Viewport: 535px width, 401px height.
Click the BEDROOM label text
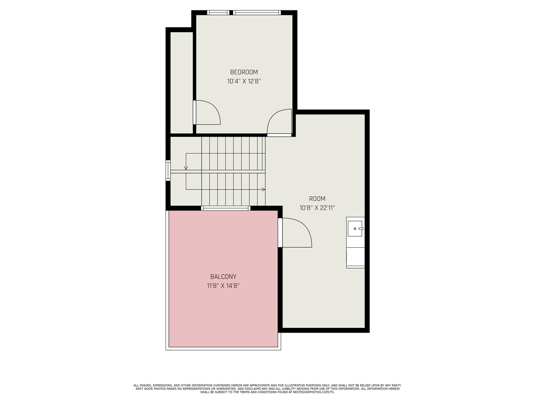(244, 72)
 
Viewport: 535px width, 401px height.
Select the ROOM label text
(317, 199)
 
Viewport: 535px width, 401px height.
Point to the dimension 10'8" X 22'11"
(317, 208)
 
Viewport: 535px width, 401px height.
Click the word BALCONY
(223, 277)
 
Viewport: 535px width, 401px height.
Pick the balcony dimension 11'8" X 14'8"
(223, 286)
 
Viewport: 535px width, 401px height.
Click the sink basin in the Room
(355, 228)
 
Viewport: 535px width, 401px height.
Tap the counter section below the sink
(355, 257)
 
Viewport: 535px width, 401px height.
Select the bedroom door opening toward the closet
(207, 112)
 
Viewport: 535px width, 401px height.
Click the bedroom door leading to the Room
(280, 122)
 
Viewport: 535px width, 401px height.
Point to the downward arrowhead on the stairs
(186, 168)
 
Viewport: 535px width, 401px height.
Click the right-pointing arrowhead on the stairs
(263, 190)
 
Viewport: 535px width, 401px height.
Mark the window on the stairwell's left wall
(168, 170)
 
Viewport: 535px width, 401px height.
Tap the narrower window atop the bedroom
(218, 13)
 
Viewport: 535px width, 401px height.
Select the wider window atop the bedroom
(257, 13)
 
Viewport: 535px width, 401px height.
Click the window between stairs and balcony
(226, 208)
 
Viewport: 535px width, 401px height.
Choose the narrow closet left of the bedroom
(181, 82)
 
